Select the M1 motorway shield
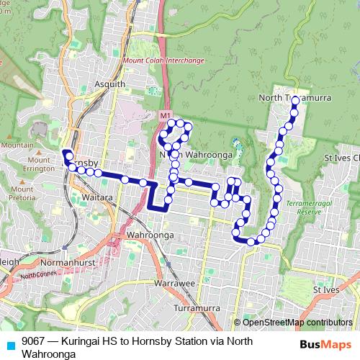[166, 115]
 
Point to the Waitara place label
[97, 197]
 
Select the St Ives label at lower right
[326, 289]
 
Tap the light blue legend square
[9, 343]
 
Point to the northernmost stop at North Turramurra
[295, 110]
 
